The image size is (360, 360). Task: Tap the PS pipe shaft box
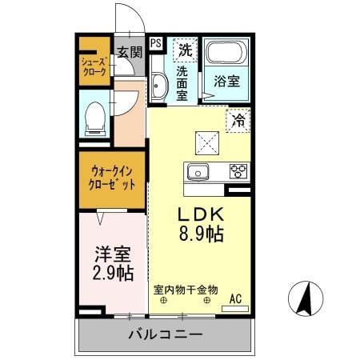(x=155, y=43)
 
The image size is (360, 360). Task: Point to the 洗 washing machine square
(x=186, y=49)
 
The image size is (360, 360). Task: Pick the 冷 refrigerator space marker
(x=238, y=122)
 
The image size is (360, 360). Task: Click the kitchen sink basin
(x=197, y=171)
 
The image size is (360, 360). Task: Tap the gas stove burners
(x=238, y=170)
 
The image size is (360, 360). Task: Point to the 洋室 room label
(x=113, y=254)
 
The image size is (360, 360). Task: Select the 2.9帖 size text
(x=113, y=273)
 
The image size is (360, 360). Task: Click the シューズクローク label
(x=94, y=66)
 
